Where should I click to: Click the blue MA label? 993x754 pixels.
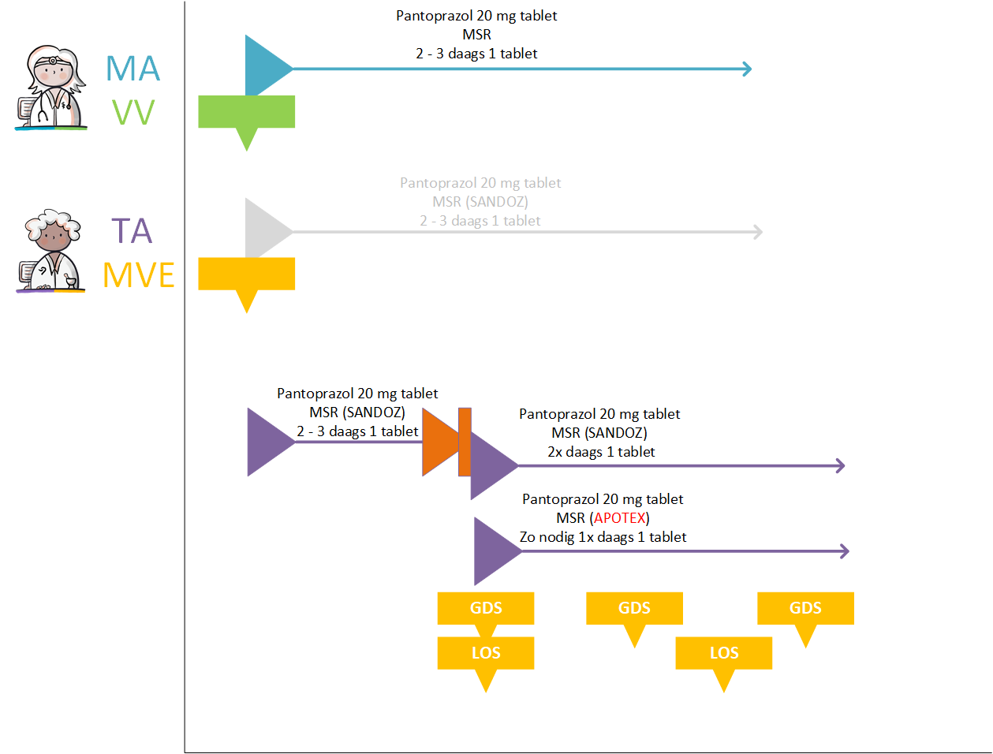pyautogui.click(x=133, y=69)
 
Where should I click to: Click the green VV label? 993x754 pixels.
pyautogui.click(x=133, y=112)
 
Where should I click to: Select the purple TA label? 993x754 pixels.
pyautogui.click(x=131, y=231)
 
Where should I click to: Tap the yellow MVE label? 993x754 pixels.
pyautogui.click(x=139, y=275)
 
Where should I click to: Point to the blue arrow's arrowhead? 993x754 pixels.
pyautogui.click(x=746, y=69)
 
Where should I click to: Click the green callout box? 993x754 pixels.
pyautogui.click(x=246, y=112)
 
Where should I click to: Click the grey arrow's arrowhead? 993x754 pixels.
pyautogui.click(x=757, y=232)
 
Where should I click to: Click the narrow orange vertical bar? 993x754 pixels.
pyautogui.click(x=465, y=442)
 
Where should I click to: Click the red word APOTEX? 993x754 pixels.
pyautogui.click(x=620, y=518)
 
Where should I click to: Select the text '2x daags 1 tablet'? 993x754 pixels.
pyautogui.click(x=601, y=452)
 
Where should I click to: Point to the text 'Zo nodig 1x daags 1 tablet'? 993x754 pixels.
pyautogui.click(x=603, y=537)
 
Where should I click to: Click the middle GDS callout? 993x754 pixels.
pyautogui.click(x=634, y=608)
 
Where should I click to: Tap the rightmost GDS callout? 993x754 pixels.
pyautogui.click(x=805, y=608)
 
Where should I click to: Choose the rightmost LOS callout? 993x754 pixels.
pyautogui.click(x=723, y=653)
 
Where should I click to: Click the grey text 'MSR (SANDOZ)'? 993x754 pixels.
pyautogui.click(x=480, y=202)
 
